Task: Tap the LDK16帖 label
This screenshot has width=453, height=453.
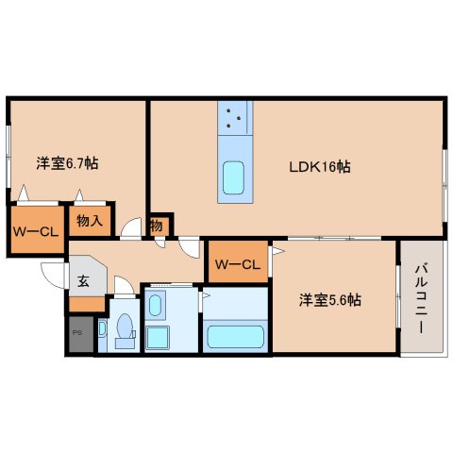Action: coord(319,166)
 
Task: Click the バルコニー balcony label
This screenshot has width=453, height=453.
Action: coord(421,297)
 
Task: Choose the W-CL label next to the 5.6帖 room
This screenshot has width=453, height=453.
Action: coord(237,263)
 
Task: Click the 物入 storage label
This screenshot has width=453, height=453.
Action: coord(89,222)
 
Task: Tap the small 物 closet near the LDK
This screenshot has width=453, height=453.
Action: coord(158,226)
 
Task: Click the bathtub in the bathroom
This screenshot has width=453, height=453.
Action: coord(235,336)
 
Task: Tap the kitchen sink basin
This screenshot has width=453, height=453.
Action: coord(233,176)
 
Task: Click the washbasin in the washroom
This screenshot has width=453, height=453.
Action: coord(158,305)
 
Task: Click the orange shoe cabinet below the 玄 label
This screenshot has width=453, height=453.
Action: coord(86,305)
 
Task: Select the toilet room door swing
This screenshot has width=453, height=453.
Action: coord(120,286)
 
